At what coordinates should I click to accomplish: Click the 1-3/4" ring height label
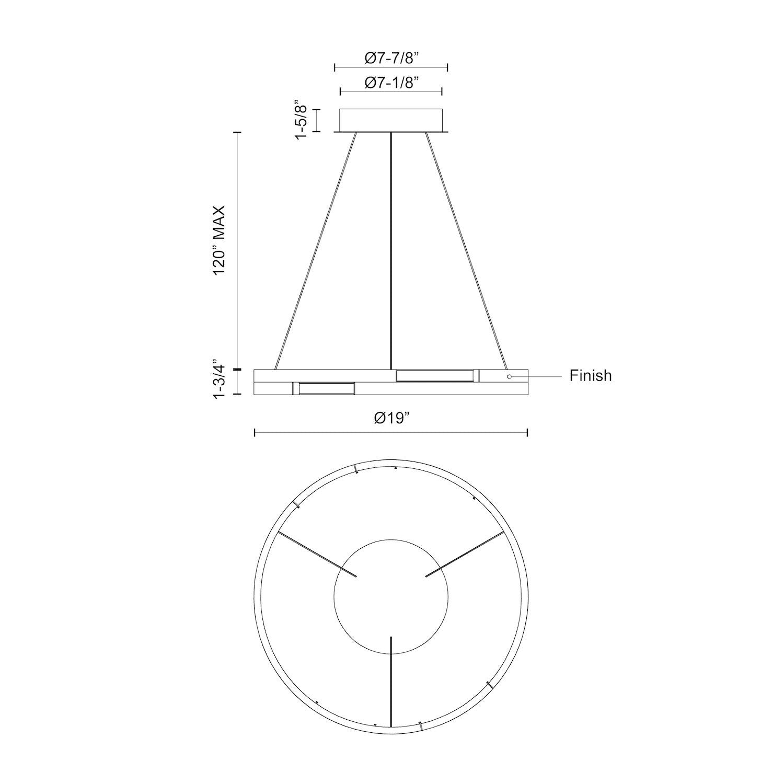(x=218, y=379)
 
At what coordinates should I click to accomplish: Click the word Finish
(x=590, y=376)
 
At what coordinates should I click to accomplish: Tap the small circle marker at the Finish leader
(x=510, y=376)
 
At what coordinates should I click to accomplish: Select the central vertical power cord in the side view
(x=391, y=251)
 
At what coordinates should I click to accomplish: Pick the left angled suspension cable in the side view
(x=316, y=251)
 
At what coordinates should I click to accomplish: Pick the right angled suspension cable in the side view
(x=466, y=251)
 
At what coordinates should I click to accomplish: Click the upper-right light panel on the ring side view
(x=434, y=376)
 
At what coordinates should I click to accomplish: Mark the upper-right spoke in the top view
(x=465, y=555)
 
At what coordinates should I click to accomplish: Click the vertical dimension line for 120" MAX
(x=239, y=251)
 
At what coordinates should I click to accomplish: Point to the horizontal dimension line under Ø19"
(x=391, y=432)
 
